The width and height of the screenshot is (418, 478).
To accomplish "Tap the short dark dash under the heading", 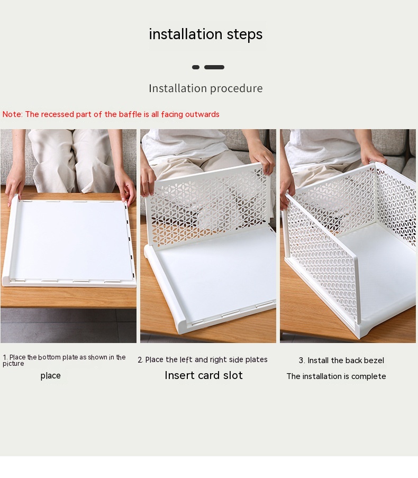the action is (196, 67).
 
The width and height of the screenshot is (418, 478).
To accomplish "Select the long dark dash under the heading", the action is (214, 67).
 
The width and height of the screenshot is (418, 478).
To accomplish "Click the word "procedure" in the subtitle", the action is (236, 89).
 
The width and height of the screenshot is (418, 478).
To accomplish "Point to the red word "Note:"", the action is (13, 114).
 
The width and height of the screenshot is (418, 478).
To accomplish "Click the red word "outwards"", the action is (202, 114).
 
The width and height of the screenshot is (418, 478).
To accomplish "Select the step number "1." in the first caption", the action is (5, 357).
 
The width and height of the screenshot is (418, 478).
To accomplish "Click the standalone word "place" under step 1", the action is (51, 376).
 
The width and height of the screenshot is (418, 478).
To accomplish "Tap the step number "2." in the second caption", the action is (140, 360).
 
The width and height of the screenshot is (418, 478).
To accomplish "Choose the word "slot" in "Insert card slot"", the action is (233, 375).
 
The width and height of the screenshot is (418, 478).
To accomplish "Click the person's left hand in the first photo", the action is (14, 184).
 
